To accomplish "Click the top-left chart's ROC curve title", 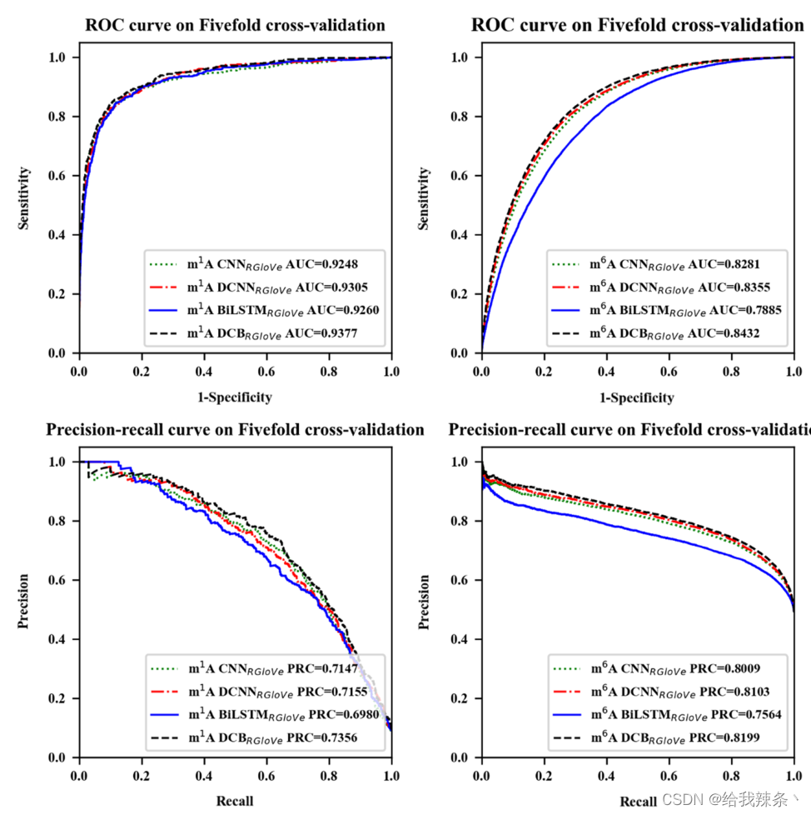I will (x=235, y=25).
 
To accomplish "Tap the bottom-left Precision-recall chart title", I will (x=235, y=430).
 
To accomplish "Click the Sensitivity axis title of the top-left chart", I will (x=26, y=198).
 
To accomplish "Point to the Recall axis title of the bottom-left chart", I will (x=235, y=801).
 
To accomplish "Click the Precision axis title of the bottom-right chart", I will (x=425, y=602).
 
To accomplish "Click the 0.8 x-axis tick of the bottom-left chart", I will (x=329, y=774).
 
